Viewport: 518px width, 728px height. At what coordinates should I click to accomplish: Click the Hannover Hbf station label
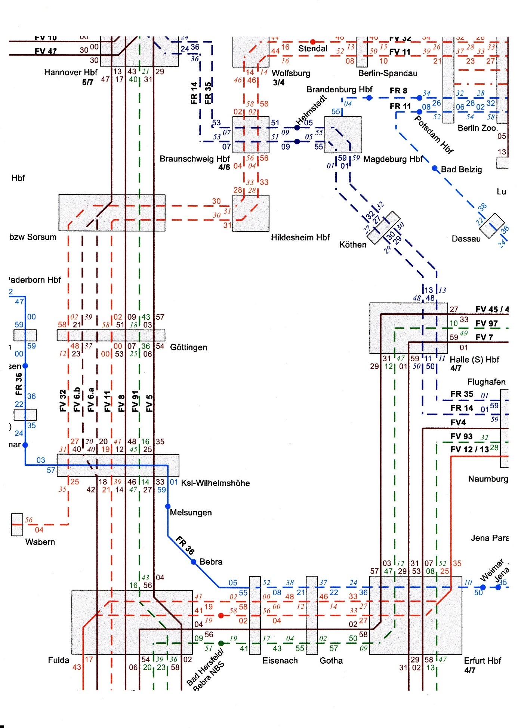coord(70,72)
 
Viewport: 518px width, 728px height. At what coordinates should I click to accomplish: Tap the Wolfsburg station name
coord(291,73)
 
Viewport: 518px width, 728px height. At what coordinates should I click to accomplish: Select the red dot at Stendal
coord(313,42)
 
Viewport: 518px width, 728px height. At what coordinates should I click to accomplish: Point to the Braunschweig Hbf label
coord(194,159)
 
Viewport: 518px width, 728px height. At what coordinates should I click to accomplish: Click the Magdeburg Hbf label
coord(392,159)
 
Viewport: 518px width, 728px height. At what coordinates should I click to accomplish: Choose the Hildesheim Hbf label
coord(300,237)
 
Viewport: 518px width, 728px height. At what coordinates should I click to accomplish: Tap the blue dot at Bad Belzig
coord(435,169)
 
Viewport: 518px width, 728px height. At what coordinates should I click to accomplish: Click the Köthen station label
coord(352,245)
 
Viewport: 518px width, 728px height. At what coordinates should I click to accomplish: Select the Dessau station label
coord(466,239)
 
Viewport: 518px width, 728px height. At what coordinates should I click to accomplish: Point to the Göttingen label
coord(188,347)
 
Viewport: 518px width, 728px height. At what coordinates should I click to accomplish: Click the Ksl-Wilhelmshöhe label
coord(215,483)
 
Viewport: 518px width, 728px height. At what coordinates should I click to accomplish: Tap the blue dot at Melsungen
coord(168,507)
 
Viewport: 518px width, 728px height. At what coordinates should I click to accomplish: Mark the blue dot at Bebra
coord(194,562)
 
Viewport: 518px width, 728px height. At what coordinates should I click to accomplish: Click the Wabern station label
coord(40,542)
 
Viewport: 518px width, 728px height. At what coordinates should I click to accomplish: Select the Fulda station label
coord(59,660)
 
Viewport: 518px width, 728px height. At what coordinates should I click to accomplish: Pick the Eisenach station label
coord(280,661)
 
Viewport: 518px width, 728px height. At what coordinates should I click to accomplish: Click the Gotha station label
coord(331,661)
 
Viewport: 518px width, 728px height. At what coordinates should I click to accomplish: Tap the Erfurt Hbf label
coord(482,661)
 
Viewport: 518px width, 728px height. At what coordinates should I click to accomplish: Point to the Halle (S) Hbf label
coord(474,360)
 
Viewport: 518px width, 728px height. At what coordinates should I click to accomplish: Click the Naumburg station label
coord(488,479)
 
